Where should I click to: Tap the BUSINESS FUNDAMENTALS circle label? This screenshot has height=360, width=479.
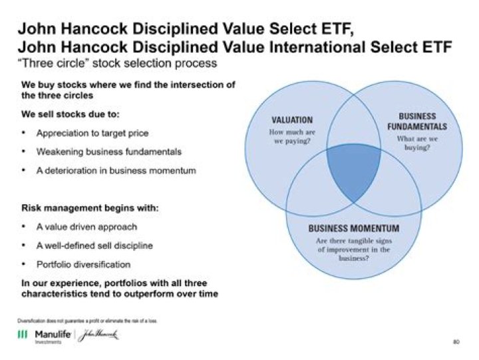pos(417,120)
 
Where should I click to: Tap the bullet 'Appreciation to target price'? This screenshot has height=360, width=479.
pos(92,133)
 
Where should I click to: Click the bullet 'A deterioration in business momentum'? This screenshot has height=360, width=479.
pos(116,171)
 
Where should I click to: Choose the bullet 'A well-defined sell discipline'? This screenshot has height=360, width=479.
pos(94,246)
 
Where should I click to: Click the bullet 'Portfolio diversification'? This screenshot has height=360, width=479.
pos(83,264)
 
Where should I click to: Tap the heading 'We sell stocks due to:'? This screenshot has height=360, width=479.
pos(68,114)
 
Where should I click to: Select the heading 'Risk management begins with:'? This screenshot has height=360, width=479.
pos(90,208)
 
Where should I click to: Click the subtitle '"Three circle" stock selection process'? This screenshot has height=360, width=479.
pos(116,64)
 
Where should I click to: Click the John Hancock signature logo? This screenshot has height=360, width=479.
pos(96,335)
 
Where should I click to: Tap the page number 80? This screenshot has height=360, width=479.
pos(456,342)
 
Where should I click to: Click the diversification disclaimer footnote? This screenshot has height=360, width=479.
pos(86,320)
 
